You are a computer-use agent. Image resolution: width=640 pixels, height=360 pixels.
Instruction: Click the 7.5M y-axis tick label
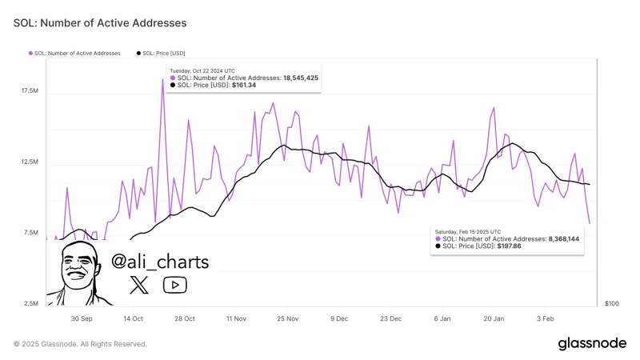[30, 233]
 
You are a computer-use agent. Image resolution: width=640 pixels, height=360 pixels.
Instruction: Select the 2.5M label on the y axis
[30, 303]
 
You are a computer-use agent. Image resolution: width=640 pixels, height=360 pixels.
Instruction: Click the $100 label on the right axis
[612, 304]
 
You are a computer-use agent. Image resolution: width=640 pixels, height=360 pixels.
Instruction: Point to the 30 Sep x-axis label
[82, 318]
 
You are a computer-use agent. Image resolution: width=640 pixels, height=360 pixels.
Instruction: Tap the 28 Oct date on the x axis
[184, 318]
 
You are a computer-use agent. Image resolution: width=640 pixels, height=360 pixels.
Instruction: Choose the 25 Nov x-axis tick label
[287, 318]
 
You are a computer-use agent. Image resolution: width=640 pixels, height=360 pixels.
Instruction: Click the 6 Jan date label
[442, 318]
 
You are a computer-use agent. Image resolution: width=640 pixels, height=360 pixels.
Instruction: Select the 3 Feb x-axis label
[544, 318]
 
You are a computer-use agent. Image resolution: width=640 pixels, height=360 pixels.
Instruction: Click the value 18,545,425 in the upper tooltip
[300, 78]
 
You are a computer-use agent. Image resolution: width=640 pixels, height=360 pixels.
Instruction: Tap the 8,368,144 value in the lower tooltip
[563, 238]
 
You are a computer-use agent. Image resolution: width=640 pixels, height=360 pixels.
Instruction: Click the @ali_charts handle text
[160, 262]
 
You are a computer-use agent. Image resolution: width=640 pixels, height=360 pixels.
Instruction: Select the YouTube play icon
[174, 285]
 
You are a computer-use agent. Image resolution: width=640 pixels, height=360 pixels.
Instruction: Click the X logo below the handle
[139, 285]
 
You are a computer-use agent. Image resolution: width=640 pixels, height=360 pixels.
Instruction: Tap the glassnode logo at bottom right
[592, 343]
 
